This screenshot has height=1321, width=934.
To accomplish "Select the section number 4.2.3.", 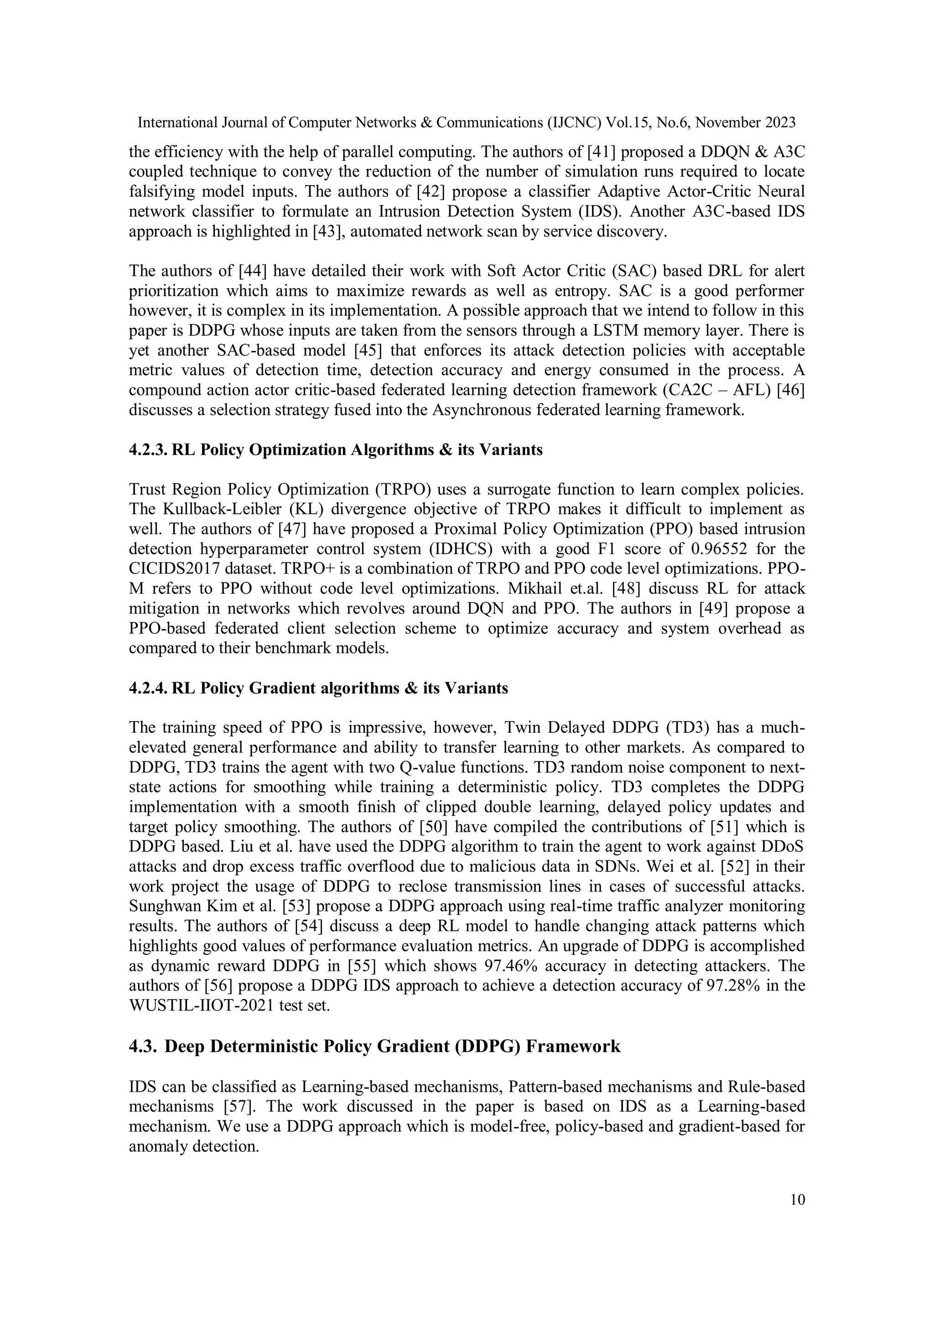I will coord(148,450).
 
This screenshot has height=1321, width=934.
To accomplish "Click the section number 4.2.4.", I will coord(148,688).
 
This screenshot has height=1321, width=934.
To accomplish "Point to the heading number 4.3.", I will coord(143,1046).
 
